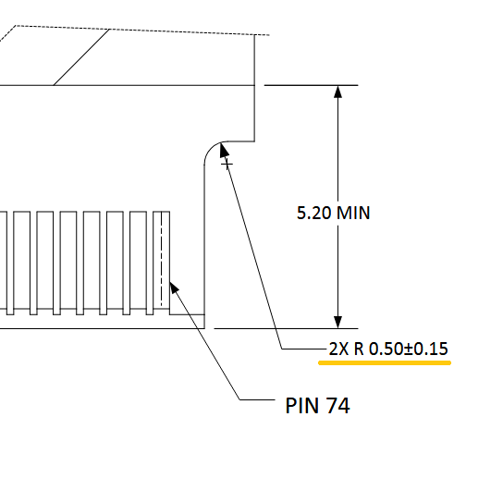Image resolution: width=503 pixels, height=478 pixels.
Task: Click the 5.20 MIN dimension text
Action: pyautogui.click(x=333, y=213)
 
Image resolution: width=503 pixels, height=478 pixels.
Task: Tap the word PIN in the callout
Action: pyautogui.click(x=302, y=406)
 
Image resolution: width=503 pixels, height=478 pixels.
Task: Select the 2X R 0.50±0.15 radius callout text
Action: pyautogui.click(x=388, y=349)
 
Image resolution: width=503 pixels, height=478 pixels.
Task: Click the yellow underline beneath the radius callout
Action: pyautogui.click(x=385, y=362)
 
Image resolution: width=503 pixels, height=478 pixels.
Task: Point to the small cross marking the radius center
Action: pyautogui.click(x=227, y=165)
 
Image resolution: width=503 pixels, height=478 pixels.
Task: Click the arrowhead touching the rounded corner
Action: pyautogui.click(x=224, y=150)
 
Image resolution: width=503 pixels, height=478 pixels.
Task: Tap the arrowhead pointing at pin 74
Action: pyautogui.click(x=174, y=288)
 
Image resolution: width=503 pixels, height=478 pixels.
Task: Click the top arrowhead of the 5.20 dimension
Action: pyautogui.click(x=337, y=92)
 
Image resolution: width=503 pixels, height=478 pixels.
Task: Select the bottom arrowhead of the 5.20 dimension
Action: pyautogui.click(x=337, y=322)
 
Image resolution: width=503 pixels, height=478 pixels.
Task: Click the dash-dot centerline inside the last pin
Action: pyautogui.click(x=162, y=259)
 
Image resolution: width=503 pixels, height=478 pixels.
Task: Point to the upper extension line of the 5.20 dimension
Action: pyautogui.click(x=311, y=85)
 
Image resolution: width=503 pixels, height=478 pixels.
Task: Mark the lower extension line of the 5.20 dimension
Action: pyautogui.click(x=286, y=328)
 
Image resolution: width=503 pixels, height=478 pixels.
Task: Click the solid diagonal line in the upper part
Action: pyautogui.click(x=81, y=57)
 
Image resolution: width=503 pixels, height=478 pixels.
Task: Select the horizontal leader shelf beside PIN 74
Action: pyautogui.click(x=257, y=399)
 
